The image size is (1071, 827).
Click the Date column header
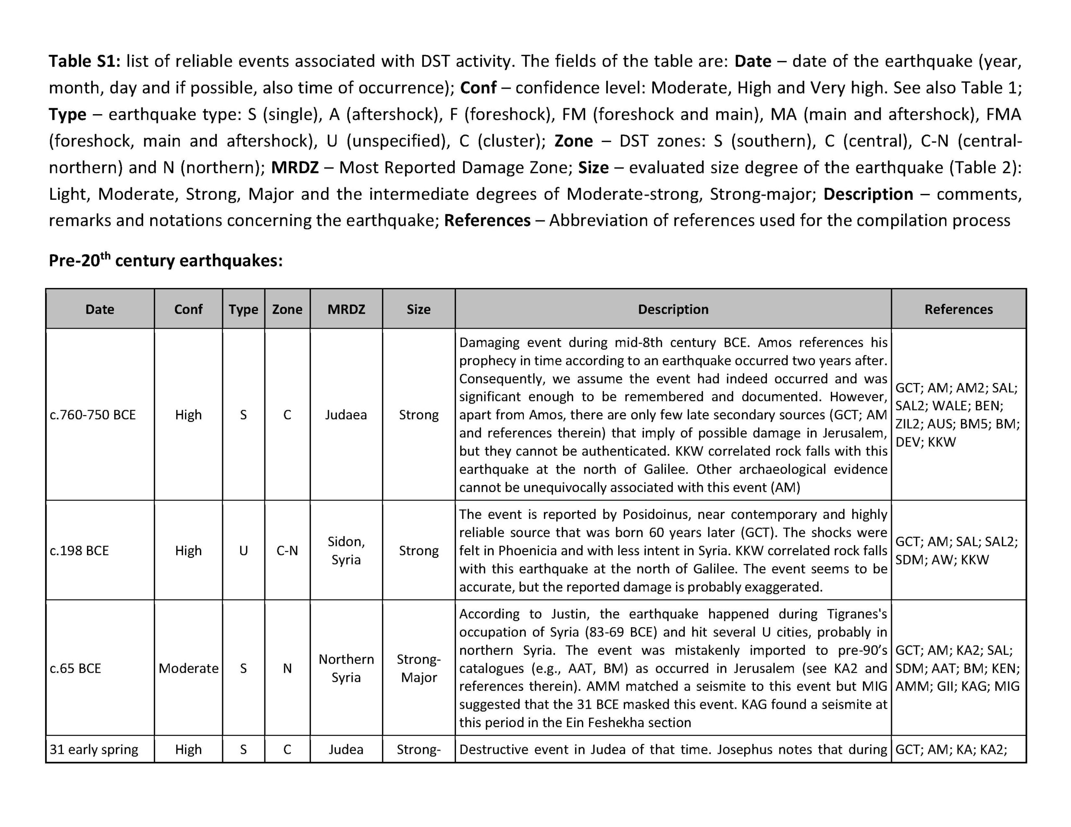(100, 309)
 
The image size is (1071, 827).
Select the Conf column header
(188, 309)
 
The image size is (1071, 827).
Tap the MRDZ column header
(346, 309)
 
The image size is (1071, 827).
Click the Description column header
(673, 309)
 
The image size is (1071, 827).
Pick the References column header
(958, 309)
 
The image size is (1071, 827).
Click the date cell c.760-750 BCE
(93, 415)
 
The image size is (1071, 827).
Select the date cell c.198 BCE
(79, 551)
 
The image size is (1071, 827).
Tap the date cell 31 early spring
(94, 750)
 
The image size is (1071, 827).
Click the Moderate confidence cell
(188, 668)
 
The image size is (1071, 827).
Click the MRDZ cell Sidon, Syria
(346, 551)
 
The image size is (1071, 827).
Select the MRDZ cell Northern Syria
(346, 668)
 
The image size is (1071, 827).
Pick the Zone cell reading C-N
(287, 551)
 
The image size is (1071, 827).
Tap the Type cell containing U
(243, 551)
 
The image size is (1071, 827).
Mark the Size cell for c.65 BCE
(419, 668)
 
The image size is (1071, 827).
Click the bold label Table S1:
(85, 61)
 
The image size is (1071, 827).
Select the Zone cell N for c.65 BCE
(287, 668)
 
